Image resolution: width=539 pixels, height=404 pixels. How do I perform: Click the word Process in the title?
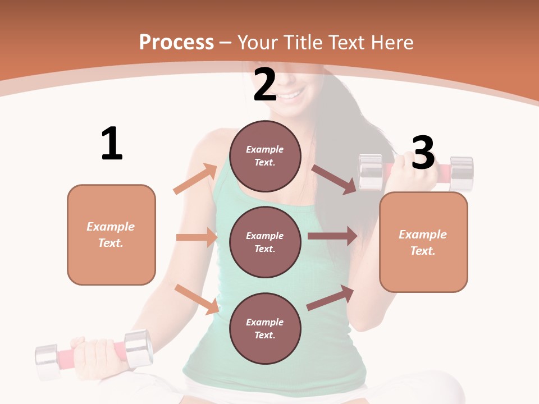pyautogui.click(x=176, y=43)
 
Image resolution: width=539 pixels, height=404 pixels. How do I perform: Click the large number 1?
pyautogui.click(x=112, y=144)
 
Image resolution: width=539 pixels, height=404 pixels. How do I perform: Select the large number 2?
pyautogui.click(x=265, y=85)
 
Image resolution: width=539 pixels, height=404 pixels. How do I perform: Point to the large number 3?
pyautogui.click(x=423, y=153)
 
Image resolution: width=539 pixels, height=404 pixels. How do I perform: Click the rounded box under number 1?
pyautogui.click(x=111, y=235)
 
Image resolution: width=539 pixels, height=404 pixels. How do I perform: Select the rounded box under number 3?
pyautogui.click(x=423, y=242)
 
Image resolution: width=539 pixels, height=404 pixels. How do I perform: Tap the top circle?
pyautogui.click(x=265, y=156)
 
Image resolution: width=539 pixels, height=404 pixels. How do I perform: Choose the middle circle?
pyautogui.click(x=265, y=242)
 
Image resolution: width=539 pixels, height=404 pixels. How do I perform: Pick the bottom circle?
pyautogui.click(x=265, y=329)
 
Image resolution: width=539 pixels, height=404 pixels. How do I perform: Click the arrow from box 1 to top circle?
pyautogui.click(x=195, y=179)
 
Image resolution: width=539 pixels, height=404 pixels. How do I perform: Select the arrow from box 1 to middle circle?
pyautogui.click(x=197, y=237)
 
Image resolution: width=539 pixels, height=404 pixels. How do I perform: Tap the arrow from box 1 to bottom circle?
pyautogui.click(x=197, y=299)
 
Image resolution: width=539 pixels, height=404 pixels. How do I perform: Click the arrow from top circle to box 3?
pyautogui.click(x=334, y=179)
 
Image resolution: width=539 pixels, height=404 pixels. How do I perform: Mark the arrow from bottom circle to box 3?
pyautogui.click(x=330, y=297)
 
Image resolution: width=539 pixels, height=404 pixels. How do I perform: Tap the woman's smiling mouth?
pyautogui.click(x=290, y=96)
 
